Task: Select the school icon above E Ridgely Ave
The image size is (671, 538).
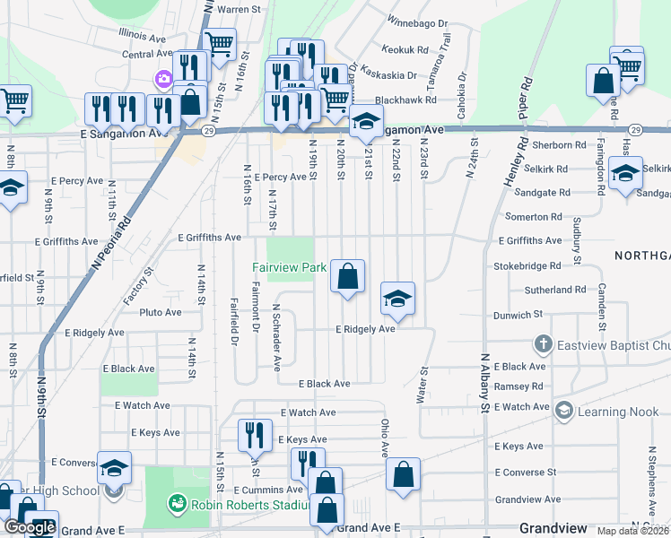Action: click(397, 299)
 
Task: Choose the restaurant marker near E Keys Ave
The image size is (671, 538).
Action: click(255, 435)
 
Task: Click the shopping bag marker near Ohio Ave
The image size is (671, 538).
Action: click(404, 473)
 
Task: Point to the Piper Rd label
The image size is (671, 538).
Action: click(525, 102)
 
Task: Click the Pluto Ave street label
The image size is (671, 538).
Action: click(161, 313)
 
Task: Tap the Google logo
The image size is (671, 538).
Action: click(30, 527)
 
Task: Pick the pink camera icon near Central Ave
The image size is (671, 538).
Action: click(163, 79)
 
